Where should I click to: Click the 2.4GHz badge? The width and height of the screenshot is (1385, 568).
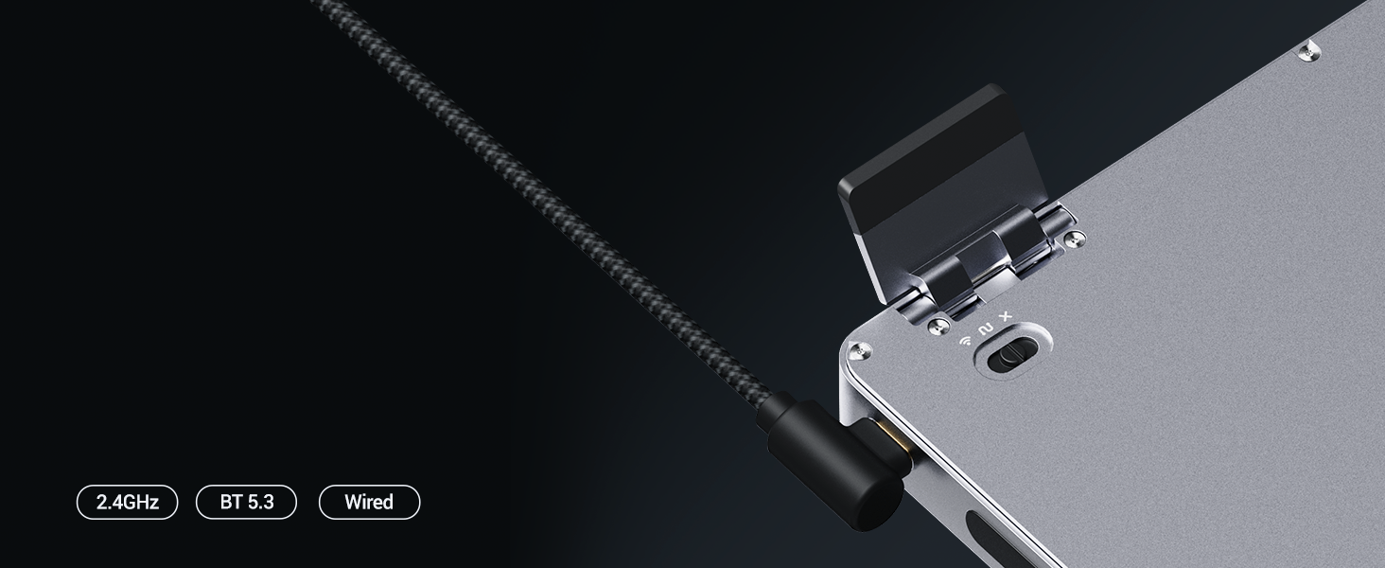coord(127,502)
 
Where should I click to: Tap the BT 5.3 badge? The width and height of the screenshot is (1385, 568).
coord(246,502)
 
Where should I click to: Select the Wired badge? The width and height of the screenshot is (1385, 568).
coord(369,502)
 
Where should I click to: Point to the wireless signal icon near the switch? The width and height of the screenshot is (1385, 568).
coord(966,340)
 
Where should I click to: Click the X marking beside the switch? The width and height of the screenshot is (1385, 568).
coord(1006,316)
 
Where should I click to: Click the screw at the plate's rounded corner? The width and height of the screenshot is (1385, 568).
coord(859,351)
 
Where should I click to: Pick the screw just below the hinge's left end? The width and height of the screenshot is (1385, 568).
coord(939,325)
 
